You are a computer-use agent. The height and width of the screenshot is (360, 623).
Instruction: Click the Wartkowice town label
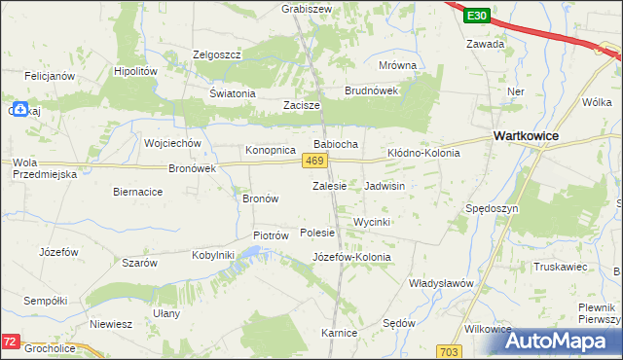tap(526, 136)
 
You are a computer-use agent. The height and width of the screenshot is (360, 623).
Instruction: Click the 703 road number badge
tap(449, 350)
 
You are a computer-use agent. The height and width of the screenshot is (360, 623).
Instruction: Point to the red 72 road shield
tap(10, 342)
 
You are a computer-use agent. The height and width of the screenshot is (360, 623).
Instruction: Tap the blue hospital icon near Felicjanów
tap(20, 109)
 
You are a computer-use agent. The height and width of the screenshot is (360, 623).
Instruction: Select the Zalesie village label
tap(329, 185)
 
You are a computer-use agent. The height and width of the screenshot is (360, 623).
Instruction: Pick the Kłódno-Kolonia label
tap(423, 154)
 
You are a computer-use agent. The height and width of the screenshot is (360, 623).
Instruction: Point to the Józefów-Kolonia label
tap(351, 257)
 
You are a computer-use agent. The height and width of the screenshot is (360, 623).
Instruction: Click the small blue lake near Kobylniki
tap(252, 255)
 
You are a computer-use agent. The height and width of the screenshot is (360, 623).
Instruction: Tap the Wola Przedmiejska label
tap(44, 167)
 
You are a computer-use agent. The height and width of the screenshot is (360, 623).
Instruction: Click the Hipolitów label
tap(135, 72)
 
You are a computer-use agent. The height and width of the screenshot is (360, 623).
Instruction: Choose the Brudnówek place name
tap(372, 90)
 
